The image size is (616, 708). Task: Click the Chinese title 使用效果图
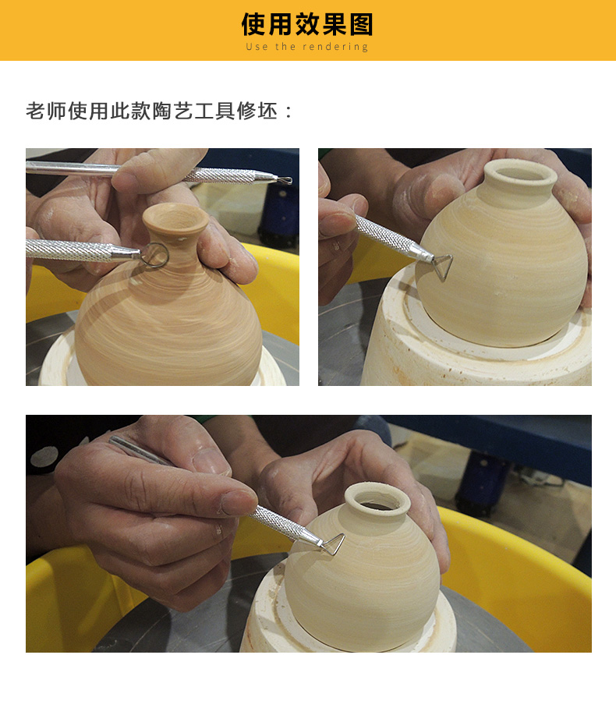[x=307, y=24]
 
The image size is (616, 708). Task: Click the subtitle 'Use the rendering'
[x=307, y=47]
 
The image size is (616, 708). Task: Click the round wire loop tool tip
[x=155, y=255]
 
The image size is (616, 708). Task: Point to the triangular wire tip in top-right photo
[x=443, y=266]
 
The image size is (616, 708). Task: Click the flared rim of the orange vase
[x=175, y=218]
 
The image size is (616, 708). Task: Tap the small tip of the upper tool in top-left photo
[x=285, y=180]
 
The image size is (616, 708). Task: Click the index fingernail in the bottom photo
[x=238, y=503]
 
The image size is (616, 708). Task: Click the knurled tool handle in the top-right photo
[x=384, y=234]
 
